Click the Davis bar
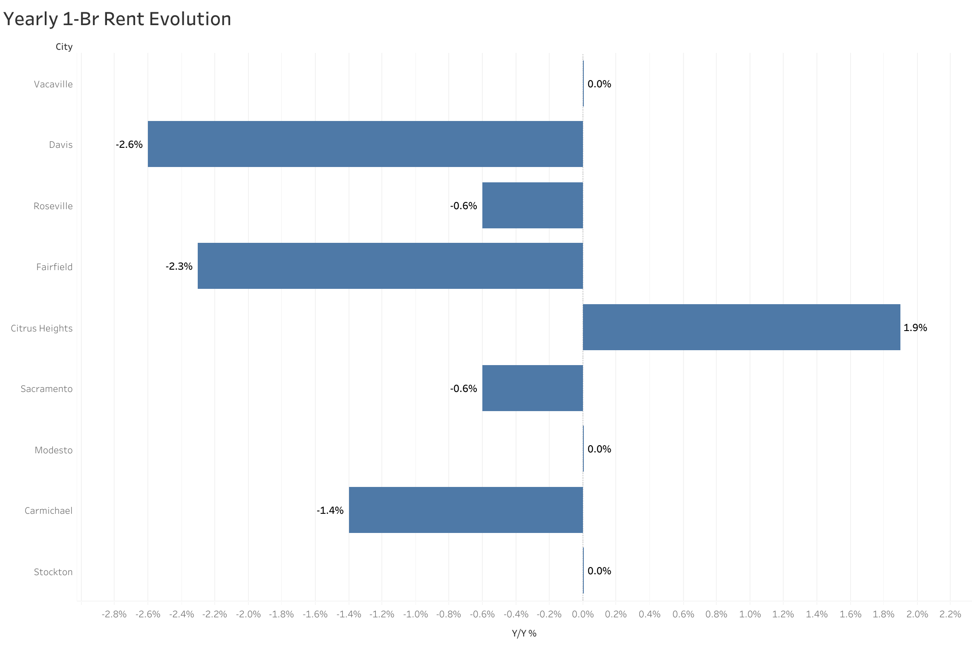365,144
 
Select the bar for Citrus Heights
741,327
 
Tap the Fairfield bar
390,266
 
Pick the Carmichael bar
466,510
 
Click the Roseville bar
532,205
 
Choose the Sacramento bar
532,388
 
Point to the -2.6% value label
129,144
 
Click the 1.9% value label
915,328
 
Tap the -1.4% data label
330,510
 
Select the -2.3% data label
179,266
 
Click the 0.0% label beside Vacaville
599,84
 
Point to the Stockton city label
53,572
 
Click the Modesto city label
54,450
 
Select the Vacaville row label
53,84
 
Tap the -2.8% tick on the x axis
114,614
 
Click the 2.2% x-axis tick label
950,614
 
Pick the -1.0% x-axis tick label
415,614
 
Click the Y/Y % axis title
524,633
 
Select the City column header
64,47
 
